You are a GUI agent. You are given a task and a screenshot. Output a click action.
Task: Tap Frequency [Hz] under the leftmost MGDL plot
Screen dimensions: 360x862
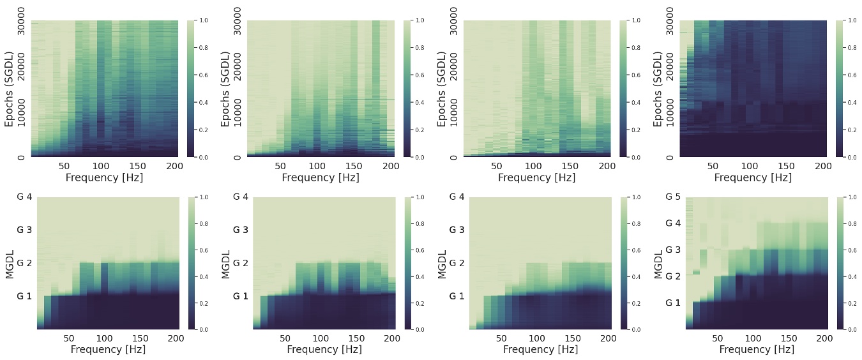point(108,350)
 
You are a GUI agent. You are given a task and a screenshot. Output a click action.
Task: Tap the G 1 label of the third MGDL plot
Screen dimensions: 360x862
point(457,296)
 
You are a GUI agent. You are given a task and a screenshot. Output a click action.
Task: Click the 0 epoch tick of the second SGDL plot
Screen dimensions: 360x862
point(237,157)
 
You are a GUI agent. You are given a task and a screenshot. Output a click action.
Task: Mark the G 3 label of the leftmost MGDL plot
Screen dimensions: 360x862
point(24,230)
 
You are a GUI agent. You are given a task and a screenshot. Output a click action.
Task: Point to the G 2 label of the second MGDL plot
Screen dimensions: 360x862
point(241,263)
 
